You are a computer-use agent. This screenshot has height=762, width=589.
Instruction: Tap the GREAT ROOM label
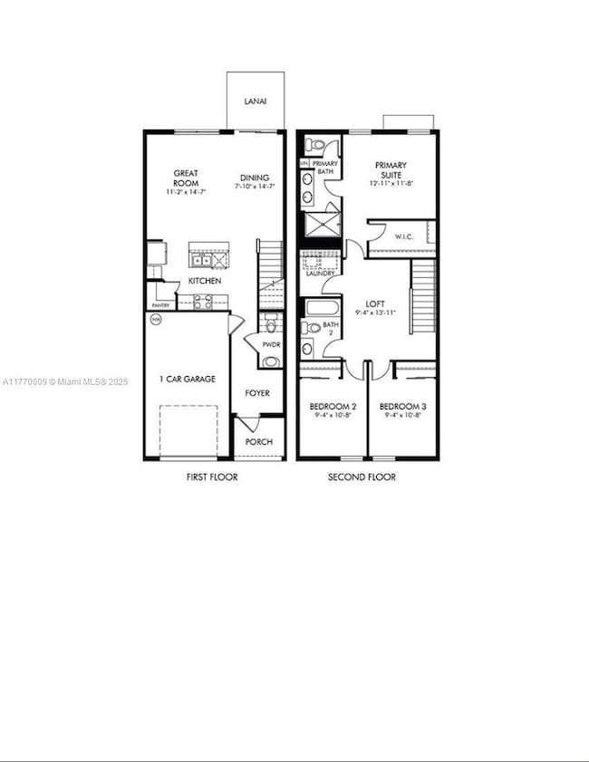[187, 178]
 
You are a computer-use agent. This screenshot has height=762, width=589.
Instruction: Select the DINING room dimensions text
[255, 188]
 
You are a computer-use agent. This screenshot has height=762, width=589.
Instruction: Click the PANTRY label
[160, 306]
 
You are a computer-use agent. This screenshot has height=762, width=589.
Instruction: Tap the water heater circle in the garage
[155, 319]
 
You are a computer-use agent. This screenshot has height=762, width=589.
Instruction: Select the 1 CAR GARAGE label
[188, 379]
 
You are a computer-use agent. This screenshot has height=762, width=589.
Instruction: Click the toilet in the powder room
[270, 327]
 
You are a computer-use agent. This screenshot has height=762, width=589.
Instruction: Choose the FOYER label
[258, 393]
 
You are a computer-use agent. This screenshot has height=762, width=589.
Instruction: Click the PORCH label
[260, 443]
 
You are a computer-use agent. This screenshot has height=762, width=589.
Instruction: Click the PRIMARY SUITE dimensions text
[391, 184]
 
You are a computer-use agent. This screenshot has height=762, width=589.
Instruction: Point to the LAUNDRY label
[321, 273]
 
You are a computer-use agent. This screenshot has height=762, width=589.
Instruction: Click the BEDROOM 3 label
[402, 407]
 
